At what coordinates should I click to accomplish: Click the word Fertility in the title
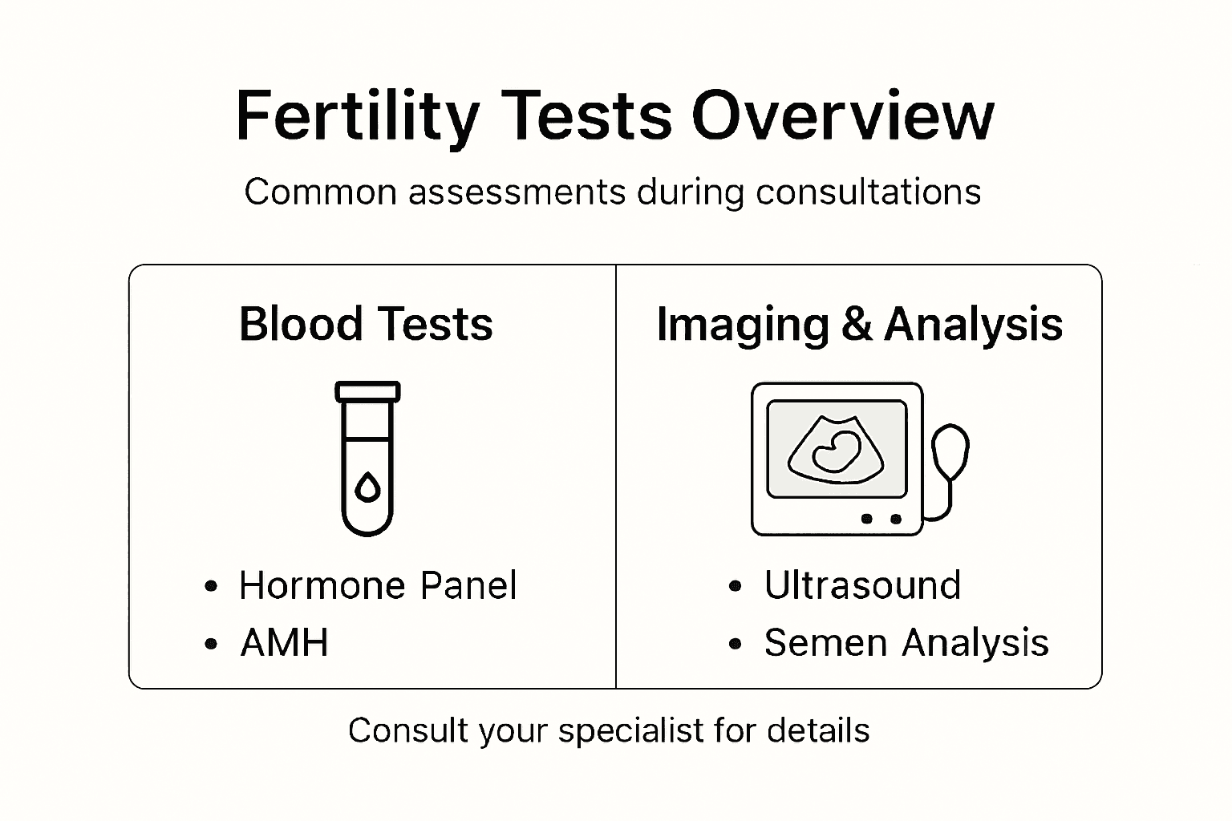point(357,117)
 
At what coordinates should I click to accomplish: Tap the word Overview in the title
point(842,117)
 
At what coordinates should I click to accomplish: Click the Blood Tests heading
point(366,325)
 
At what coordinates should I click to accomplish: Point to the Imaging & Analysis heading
point(859,325)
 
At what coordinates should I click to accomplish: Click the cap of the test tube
point(367,392)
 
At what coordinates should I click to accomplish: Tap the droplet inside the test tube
point(367,487)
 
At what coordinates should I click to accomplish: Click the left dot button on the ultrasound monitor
point(866,519)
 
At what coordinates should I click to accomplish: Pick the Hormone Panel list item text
point(378,586)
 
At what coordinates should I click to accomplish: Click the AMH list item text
point(285,643)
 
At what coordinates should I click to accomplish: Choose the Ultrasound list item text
point(862,586)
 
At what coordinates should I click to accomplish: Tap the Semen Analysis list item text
point(906,643)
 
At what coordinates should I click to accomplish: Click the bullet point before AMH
point(211,644)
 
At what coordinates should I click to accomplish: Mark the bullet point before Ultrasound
point(736,587)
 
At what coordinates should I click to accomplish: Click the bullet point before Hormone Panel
point(211,587)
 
